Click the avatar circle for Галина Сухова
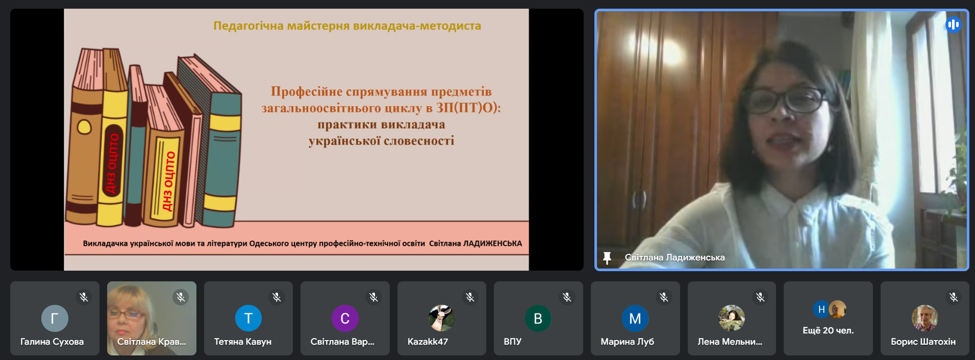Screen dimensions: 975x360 click(55, 318)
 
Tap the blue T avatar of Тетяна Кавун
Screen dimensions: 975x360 click(248, 318)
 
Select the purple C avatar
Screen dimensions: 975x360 click(345, 318)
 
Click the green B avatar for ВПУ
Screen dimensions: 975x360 click(538, 318)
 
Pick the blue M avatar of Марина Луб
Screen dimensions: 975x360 click(635, 318)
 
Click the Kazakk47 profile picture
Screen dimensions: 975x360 click(442, 318)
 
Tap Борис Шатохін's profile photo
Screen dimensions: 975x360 click(925, 318)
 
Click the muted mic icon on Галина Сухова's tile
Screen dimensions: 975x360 click(84, 297)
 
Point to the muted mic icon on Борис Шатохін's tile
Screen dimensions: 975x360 click(954, 297)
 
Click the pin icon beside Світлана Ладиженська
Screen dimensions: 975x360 click(607, 258)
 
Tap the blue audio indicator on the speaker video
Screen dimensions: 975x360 click(953, 25)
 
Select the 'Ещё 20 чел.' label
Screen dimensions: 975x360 click(828, 330)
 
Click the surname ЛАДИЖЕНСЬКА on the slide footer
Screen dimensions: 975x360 click(492, 244)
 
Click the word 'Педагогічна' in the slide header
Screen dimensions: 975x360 click(248, 26)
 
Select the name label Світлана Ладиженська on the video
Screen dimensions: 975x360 click(674, 257)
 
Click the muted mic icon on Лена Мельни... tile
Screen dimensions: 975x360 click(760, 297)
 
